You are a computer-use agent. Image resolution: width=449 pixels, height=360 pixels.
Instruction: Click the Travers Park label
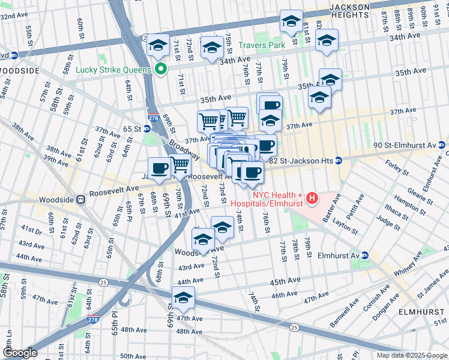click(x=261, y=45)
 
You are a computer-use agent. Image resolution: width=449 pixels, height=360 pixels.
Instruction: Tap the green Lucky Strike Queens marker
click(x=160, y=69)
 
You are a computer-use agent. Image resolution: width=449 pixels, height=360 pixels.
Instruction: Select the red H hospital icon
click(x=312, y=197)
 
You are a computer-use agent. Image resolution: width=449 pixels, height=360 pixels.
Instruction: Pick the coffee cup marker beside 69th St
click(x=160, y=168)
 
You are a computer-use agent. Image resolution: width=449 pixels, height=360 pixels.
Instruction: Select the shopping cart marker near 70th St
click(x=179, y=165)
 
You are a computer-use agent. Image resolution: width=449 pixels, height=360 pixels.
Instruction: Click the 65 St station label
click(x=132, y=129)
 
